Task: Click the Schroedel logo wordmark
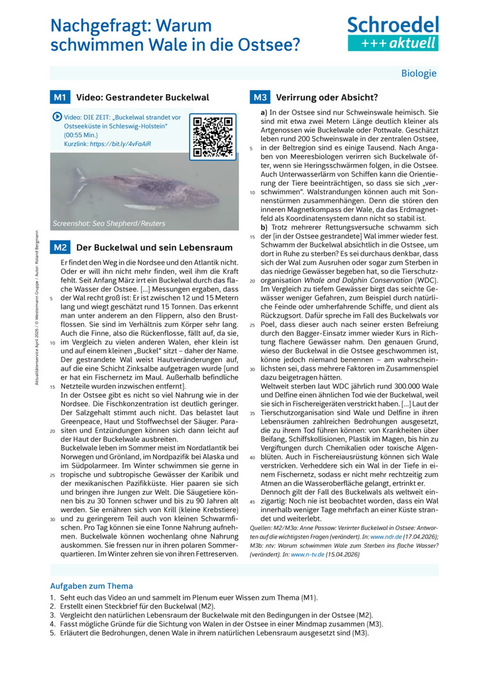[394, 25]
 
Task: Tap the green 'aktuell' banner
[394, 43]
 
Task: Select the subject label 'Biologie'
[419, 73]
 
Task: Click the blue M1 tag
[60, 98]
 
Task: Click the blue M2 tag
[60, 247]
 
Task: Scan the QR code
[212, 137]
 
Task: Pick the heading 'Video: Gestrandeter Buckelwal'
[142, 98]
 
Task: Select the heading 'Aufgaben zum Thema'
[91, 586]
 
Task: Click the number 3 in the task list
[52, 615]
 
